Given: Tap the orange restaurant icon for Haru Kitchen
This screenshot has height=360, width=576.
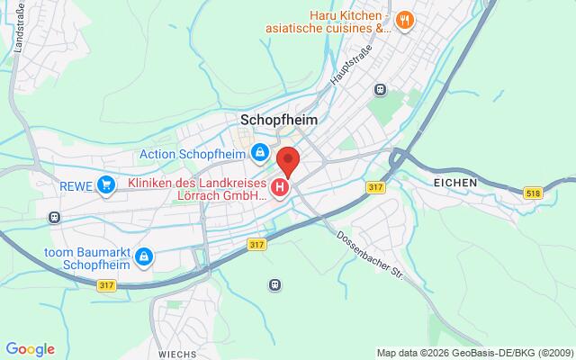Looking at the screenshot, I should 405,20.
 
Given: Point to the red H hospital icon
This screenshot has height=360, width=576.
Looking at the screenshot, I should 280,188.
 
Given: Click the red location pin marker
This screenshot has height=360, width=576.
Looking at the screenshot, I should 288,162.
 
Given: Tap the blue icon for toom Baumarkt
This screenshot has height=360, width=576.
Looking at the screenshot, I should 142,258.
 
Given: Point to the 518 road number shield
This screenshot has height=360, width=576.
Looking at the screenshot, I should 534,193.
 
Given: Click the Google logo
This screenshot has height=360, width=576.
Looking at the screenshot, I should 30,349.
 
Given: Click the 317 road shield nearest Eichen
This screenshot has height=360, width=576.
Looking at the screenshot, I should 376,186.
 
